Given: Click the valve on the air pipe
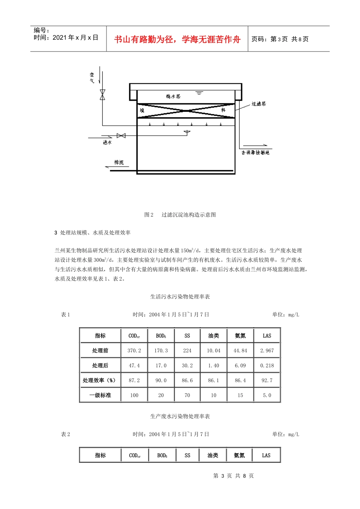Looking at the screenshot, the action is pyautogui.click(x=102, y=95).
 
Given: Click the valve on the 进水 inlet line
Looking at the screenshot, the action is pyautogui.click(x=121, y=136).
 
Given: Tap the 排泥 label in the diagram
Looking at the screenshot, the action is pyautogui.click(x=119, y=162).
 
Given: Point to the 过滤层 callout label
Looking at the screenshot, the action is pyautogui.click(x=259, y=104).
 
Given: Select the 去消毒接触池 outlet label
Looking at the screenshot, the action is pyautogui.click(x=255, y=152).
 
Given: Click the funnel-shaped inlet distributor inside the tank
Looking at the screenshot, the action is pyautogui.click(x=187, y=133).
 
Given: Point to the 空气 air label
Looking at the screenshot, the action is pyautogui.click(x=92, y=78).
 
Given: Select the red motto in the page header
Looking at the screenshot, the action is pyautogui.click(x=177, y=39).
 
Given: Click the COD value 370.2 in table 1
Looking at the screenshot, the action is pyautogui.click(x=134, y=351).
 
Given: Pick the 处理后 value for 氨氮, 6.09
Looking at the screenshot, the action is pyautogui.click(x=240, y=365).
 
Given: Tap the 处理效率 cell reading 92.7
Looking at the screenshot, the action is pyautogui.click(x=267, y=380).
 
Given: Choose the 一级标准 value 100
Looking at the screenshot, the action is pyautogui.click(x=134, y=395).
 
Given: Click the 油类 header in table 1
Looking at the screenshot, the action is pyautogui.click(x=214, y=336).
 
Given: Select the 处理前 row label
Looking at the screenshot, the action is pyautogui.click(x=100, y=351).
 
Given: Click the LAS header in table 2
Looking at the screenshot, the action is pyautogui.click(x=266, y=455).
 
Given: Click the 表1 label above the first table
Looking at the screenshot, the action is pyautogui.click(x=66, y=315).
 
